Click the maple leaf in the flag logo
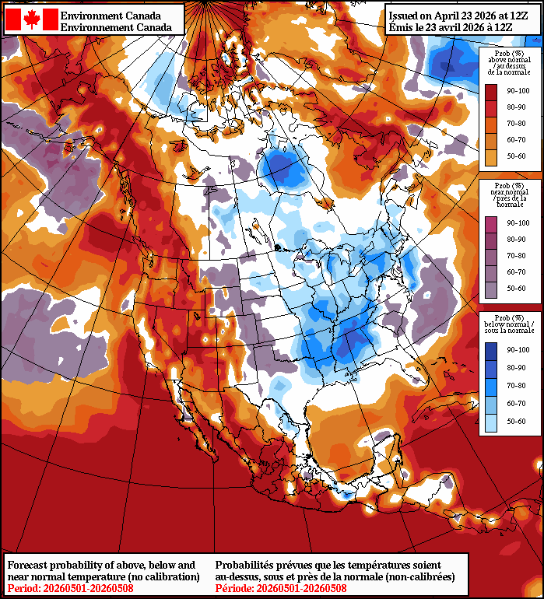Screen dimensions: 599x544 [x=31, y=19]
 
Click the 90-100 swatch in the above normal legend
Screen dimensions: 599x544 [x=491, y=92]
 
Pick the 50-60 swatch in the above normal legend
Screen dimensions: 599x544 [x=491, y=156]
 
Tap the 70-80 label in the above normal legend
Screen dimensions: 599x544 [x=516, y=124]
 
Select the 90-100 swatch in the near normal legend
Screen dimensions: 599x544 [x=491, y=224]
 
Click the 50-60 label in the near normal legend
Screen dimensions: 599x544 [x=516, y=289]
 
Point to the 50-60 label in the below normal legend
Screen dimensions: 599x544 [x=516, y=422]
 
